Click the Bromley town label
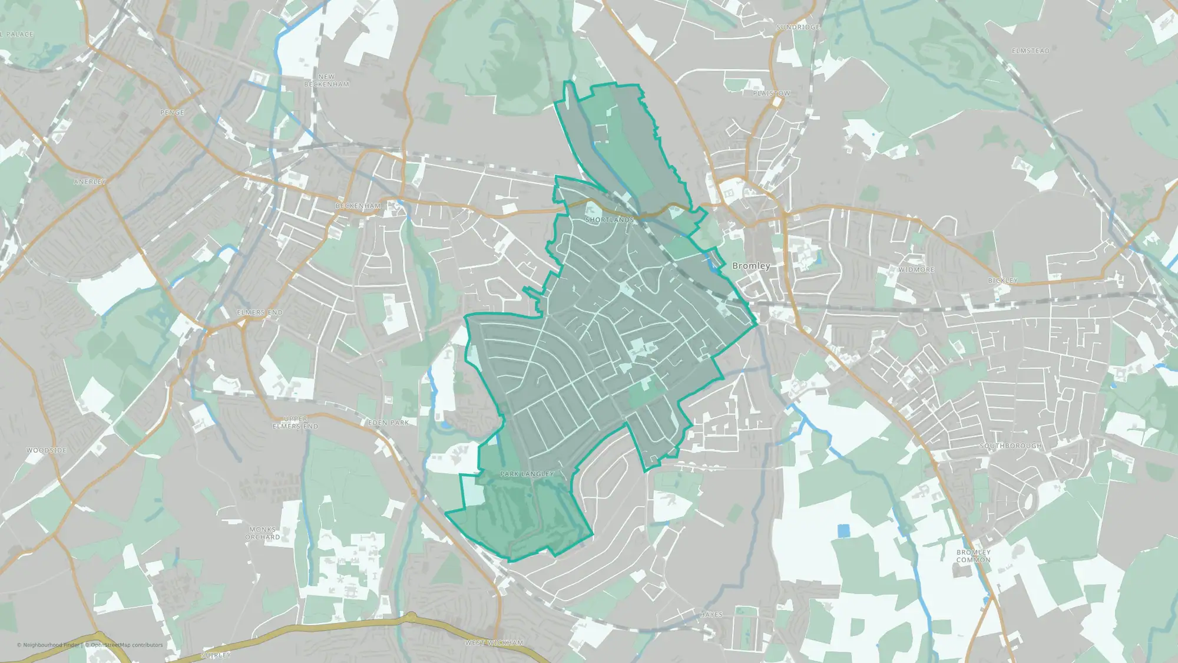click(751, 266)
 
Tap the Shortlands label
click(610, 220)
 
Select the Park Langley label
click(527, 474)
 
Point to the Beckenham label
click(358, 206)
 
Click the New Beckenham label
click(326, 81)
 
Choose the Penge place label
click(172, 113)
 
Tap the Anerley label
click(90, 182)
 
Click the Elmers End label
click(260, 312)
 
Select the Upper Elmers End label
click(295, 423)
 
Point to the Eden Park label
click(389, 423)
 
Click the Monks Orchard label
click(263, 533)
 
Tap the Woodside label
click(47, 450)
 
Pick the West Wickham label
click(494, 642)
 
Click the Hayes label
click(712, 615)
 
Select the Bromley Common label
click(974, 556)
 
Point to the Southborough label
click(1011, 446)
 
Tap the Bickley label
click(1003, 281)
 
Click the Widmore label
click(916, 269)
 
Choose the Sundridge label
click(798, 27)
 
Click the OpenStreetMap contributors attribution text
click(127, 645)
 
